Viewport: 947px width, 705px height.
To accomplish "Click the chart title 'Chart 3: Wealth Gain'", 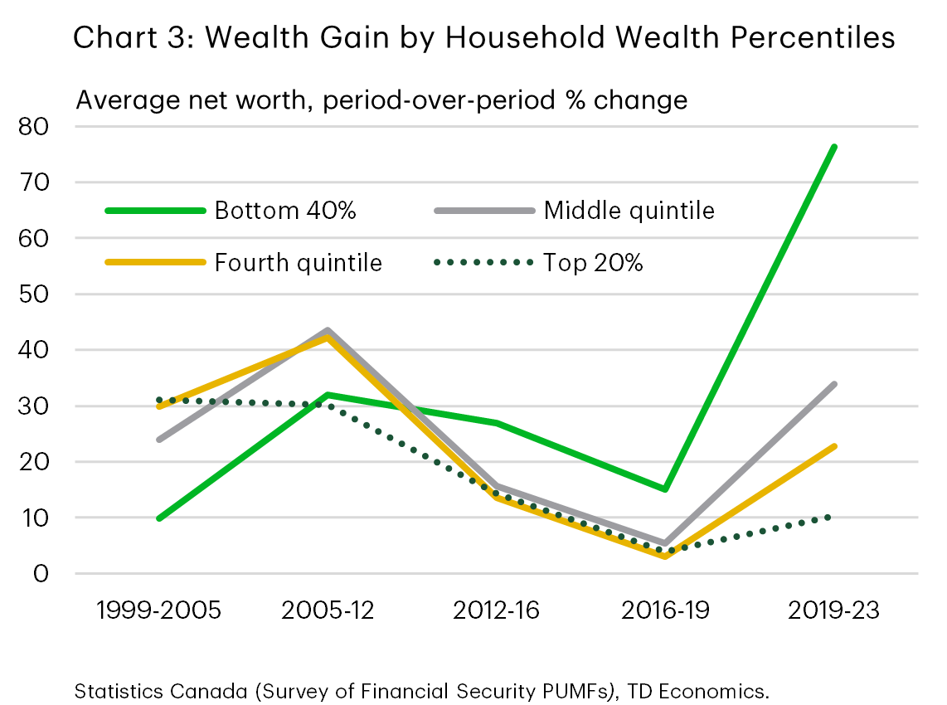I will point(484,38).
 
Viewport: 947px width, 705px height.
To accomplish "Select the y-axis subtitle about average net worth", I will point(381,100).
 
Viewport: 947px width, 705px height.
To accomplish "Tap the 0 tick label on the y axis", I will point(43,574).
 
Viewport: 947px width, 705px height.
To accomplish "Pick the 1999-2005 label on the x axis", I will point(158,611).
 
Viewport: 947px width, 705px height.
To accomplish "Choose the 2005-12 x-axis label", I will point(328,611).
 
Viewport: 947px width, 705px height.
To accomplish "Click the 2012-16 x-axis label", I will point(496,611).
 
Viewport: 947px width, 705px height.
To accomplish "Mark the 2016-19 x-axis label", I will point(665,611).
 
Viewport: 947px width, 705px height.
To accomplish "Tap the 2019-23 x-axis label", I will point(833,611).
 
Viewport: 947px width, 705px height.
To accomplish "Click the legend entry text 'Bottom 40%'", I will point(285,211).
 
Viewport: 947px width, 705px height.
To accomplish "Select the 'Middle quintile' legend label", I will point(629,211).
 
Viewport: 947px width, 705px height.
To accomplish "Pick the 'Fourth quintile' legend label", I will point(299,263).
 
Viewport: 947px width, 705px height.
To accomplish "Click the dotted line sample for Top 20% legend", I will point(483,263).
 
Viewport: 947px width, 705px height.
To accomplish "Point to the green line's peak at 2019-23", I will point(833,147).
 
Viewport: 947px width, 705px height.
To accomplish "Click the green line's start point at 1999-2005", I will point(159,518).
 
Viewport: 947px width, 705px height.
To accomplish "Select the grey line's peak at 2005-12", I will point(328,331).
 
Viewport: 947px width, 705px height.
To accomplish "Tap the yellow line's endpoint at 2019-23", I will point(833,446).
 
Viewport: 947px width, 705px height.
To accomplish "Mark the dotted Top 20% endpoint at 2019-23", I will point(833,518).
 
